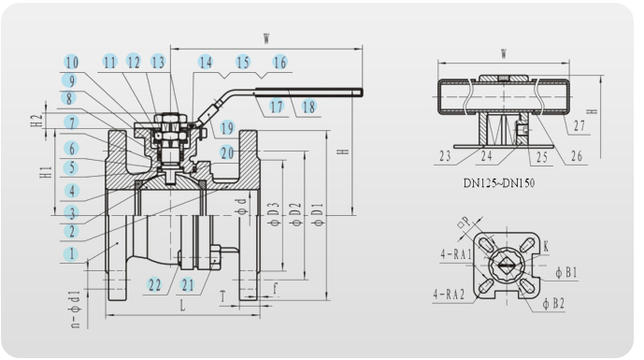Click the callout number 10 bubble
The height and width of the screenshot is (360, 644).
pyautogui.click(x=72, y=63)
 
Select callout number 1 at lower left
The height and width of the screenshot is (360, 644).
pyautogui.click(x=71, y=253)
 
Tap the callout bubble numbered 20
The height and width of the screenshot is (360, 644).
pyautogui.click(x=227, y=152)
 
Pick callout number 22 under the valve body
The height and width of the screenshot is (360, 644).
pyautogui.click(x=155, y=285)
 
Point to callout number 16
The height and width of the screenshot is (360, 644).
pyautogui.click(x=279, y=63)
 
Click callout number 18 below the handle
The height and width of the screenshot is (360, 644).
pyautogui.click(x=308, y=107)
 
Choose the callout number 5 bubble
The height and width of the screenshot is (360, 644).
pyautogui.click(x=72, y=167)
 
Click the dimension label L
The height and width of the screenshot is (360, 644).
pyautogui.click(x=182, y=306)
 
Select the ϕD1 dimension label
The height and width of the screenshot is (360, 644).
pyautogui.click(x=319, y=214)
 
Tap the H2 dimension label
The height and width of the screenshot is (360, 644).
pyautogui.click(x=37, y=120)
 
